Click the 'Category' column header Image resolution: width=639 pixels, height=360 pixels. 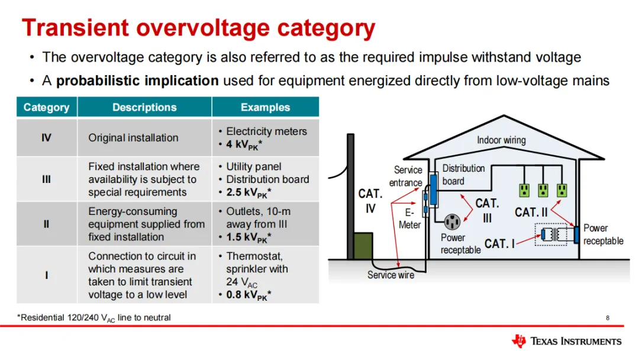pyautogui.click(x=46, y=107)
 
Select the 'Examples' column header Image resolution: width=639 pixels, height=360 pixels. pyautogui.click(x=265, y=107)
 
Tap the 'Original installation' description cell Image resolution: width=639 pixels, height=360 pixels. pyautogui.click(x=133, y=137)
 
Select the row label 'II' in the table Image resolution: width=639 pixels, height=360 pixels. pyautogui.click(x=46, y=224)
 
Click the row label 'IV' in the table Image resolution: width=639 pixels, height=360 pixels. pyautogui.click(x=46, y=138)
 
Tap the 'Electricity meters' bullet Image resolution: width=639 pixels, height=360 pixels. pyautogui.click(x=266, y=131)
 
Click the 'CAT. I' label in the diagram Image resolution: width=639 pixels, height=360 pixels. pyautogui.click(x=499, y=243)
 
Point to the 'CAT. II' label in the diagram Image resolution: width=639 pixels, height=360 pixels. pyautogui.click(x=531, y=212)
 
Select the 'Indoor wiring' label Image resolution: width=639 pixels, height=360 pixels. pyautogui.click(x=501, y=140)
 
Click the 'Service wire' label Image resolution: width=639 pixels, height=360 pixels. pyautogui.click(x=390, y=275)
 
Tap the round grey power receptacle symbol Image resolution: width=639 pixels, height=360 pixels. pyautogui.click(x=453, y=222)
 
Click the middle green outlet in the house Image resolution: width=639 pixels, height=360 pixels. pyautogui.click(x=543, y=190)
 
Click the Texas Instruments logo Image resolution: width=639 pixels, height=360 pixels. pyautogui.click(x=566, y=341)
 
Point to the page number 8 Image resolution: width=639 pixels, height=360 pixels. pyautogui.click(x=607, y=318)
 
